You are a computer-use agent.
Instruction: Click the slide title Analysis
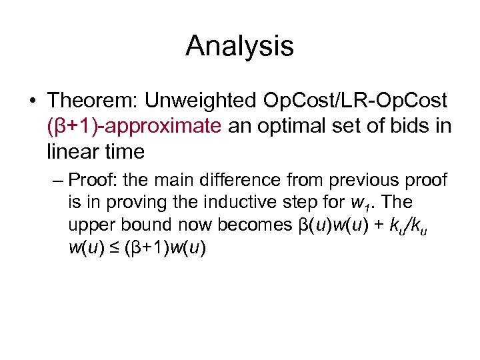pyautogui.click(x=239, y=46)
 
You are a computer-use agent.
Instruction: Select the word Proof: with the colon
pyautogui.click(x=90, y=181)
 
